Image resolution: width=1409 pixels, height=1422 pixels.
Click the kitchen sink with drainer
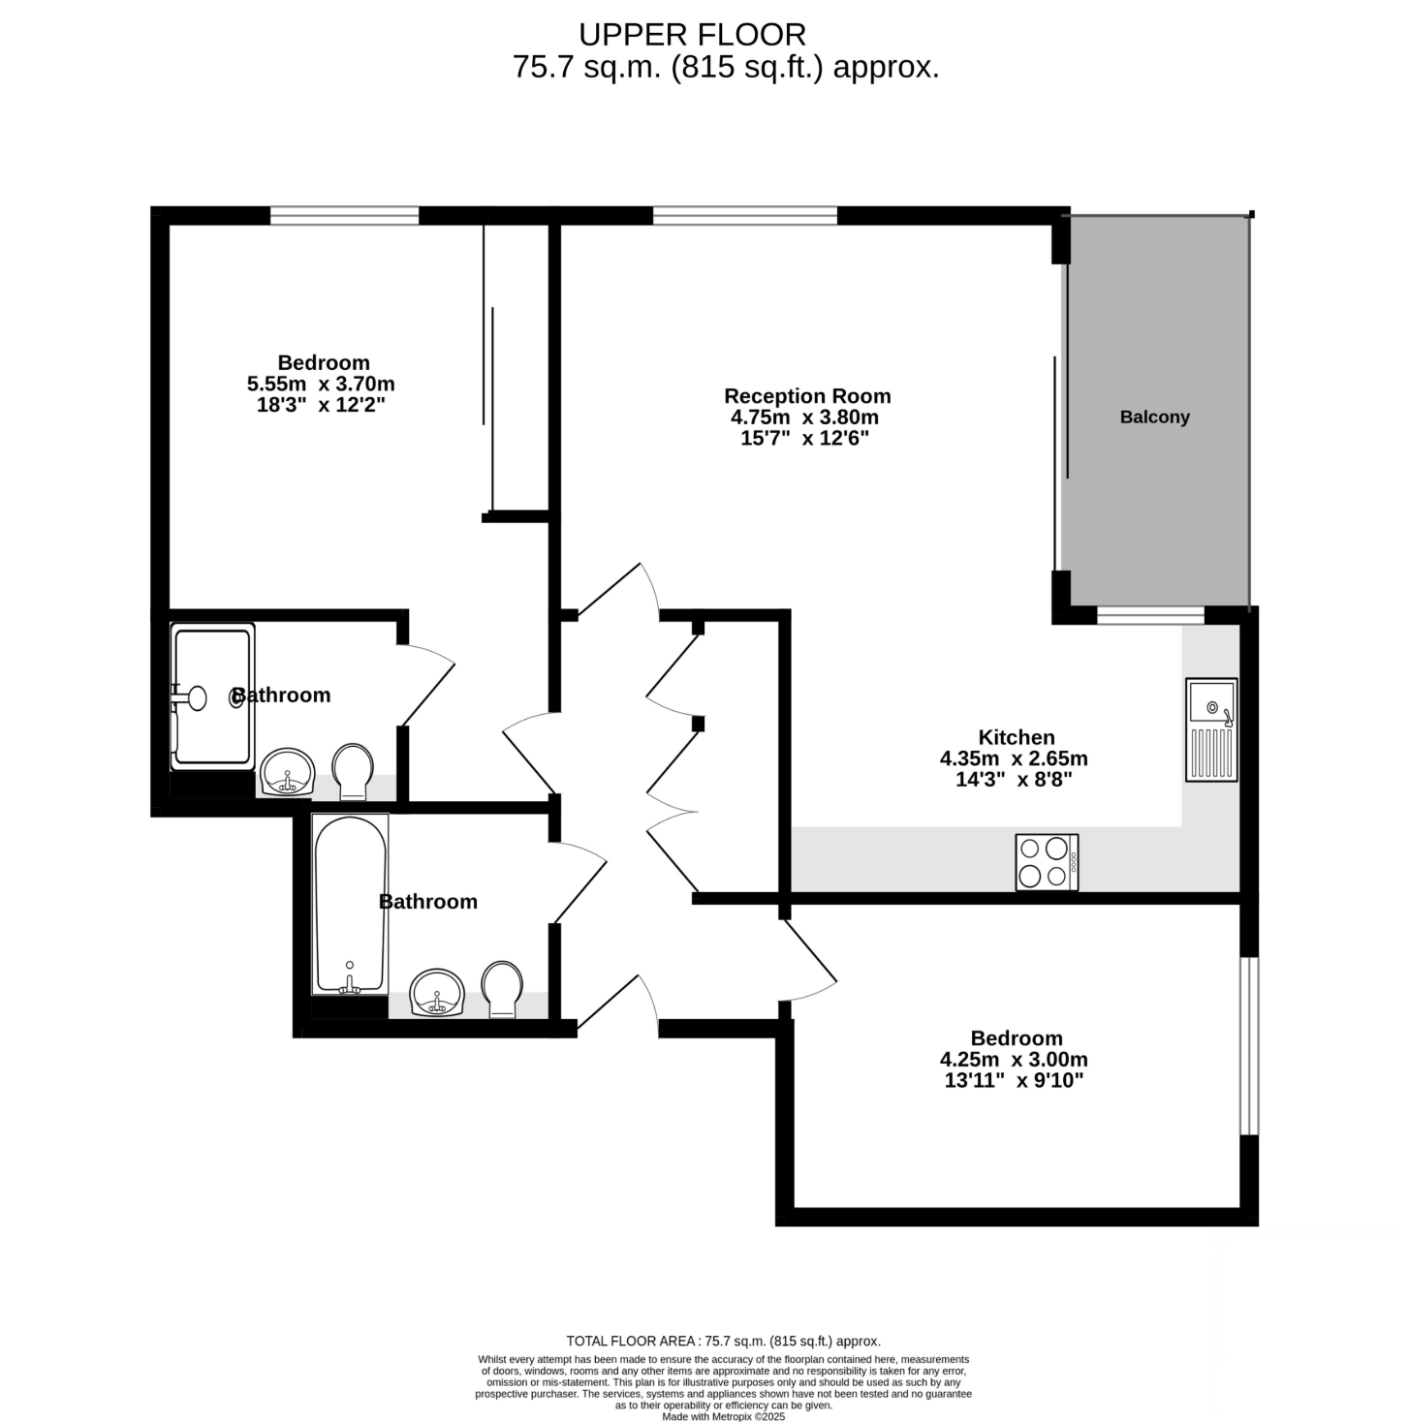click(x=1210, y=729)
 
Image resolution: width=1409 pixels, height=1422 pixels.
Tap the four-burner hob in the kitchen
click(x=1047, y=861)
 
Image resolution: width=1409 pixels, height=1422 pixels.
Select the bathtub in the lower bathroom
click(x=349, y=904)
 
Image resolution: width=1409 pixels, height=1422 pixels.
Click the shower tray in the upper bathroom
click(x=212, y=696)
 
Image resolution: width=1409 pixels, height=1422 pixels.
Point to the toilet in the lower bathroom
click(x=502, y=989)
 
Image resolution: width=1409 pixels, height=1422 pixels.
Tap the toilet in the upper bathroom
click(x=353, y=771)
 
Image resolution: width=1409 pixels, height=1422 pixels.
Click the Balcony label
click(x=1154, y=417)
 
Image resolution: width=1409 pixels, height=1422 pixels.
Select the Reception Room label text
click(x=807, y=396)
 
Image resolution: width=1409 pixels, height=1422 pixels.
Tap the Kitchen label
click(x=1017, y=736)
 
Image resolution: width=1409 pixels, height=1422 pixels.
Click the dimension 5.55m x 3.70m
click(x=321, y=384)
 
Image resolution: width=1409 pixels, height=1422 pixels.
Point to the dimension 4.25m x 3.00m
click(x=1014, y=1059)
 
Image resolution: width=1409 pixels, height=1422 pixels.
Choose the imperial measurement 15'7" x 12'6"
click(x=805, y=439)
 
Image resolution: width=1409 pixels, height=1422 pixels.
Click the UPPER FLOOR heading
click(x=692, y=35)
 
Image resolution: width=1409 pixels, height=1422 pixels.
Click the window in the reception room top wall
click(x=745, y=215)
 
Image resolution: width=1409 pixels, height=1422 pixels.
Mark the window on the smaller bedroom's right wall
click(x=1248, y=1045)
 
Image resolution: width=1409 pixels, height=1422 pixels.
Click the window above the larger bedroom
click(x=344, y=215)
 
